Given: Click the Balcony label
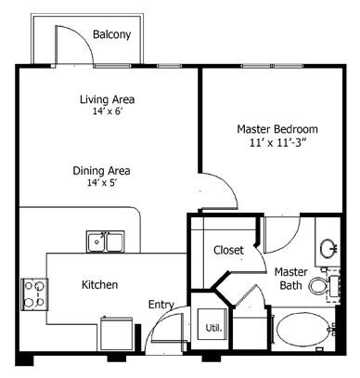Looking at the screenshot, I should [x=111, y=35].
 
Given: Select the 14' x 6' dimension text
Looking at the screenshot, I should [x=107, y=111].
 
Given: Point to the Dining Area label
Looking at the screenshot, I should [x=102, y=171].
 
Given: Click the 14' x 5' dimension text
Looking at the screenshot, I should [x=102, y=184].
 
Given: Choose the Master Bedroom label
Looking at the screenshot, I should [x=278, y=129].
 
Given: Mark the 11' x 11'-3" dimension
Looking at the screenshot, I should [x=278, y=145].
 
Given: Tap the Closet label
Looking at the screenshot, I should [x=228, y=251].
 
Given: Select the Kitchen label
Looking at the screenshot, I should [x=99, y=284].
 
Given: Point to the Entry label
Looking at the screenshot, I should [x=161, y=304].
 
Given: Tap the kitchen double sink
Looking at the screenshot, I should [x=107, y=242].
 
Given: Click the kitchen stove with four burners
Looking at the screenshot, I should [x=33, y=293].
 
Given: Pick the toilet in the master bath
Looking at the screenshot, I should [x=320, y=283].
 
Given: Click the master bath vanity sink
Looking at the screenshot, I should [x=328, y=248].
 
